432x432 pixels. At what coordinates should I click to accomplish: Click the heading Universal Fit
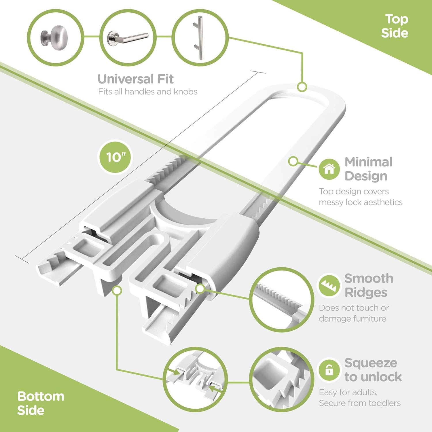pos(136,79)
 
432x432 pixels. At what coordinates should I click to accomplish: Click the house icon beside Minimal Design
pos(329,169)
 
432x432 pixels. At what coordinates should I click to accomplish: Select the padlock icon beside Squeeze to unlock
pos(329,371)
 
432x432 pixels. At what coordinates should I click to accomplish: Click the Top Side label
pos(395,26)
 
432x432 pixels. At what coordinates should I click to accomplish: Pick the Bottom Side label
pos(41,403)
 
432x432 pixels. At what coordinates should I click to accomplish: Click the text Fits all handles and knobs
pos(148,92)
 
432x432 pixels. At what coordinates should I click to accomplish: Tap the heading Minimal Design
pos(369,169)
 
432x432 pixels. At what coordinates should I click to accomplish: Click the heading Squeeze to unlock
pos(373,370)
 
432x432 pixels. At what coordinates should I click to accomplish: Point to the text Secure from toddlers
pos(360,403)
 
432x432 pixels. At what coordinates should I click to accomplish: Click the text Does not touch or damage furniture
pos(354,313)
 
